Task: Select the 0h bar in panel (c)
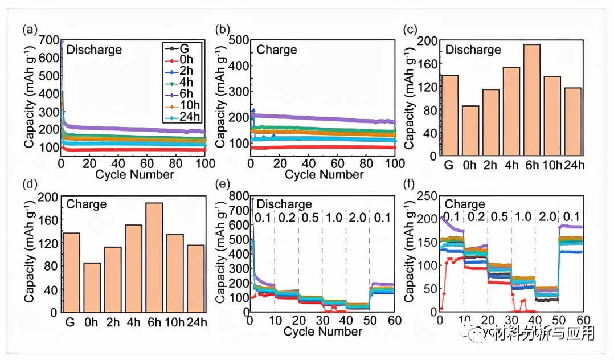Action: point(470,130)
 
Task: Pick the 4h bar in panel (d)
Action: point(133,268)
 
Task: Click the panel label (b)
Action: point(224,29)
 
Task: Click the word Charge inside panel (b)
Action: point(277,50)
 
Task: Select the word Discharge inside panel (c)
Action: point(473,50)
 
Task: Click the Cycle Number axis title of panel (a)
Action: point(134,175)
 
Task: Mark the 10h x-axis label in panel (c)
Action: point(551,166)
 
